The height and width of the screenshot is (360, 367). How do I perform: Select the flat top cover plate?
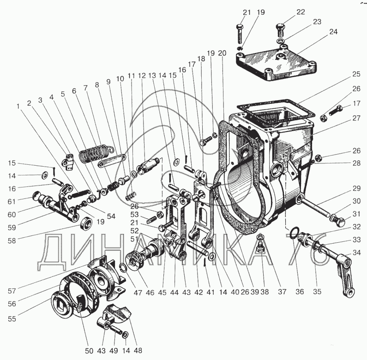coord(276,63)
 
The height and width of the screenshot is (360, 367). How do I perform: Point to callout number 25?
coord(343,73)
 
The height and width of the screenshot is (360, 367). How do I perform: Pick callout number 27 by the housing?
coord(343,118)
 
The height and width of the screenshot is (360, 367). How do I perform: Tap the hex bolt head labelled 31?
coord(339,222)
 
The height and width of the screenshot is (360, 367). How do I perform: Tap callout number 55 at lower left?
coord(12,319)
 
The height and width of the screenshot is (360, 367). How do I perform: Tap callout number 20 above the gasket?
coord(222,53)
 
